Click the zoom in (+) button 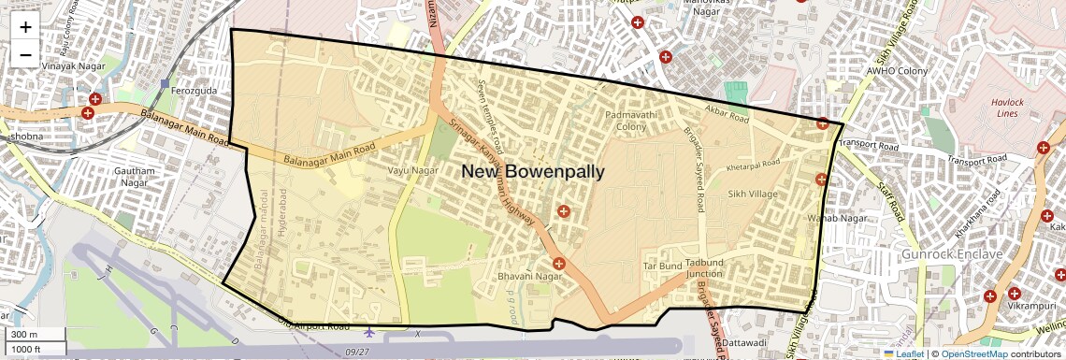25,26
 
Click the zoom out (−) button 25,54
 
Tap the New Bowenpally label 533,172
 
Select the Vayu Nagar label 412,170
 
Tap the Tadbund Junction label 704,269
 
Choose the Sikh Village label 753,194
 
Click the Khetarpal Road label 752,164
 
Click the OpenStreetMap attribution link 973,353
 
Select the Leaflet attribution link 902,353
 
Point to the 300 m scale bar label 24,335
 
